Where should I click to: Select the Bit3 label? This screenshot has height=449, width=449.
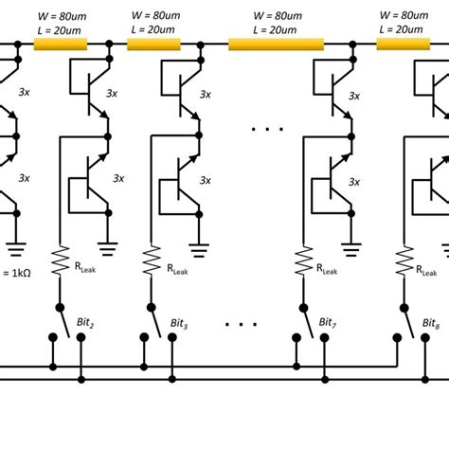coord(179,324)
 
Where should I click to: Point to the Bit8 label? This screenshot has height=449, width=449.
coord(432,324)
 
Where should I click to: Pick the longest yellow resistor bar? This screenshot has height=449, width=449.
coord(277,44)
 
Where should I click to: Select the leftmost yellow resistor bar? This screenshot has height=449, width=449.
coord(61,44)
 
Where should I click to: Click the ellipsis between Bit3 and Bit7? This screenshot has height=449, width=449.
coord(242,324)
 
